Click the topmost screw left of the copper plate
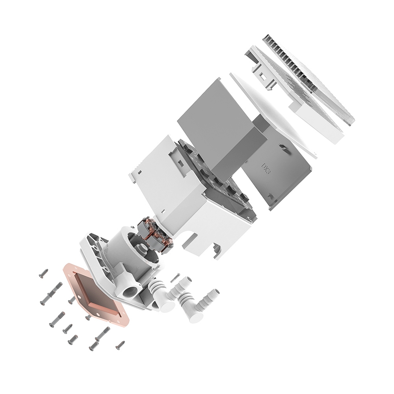(43, 273)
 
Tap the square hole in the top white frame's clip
(262, 75)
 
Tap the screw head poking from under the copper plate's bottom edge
(87, 318)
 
